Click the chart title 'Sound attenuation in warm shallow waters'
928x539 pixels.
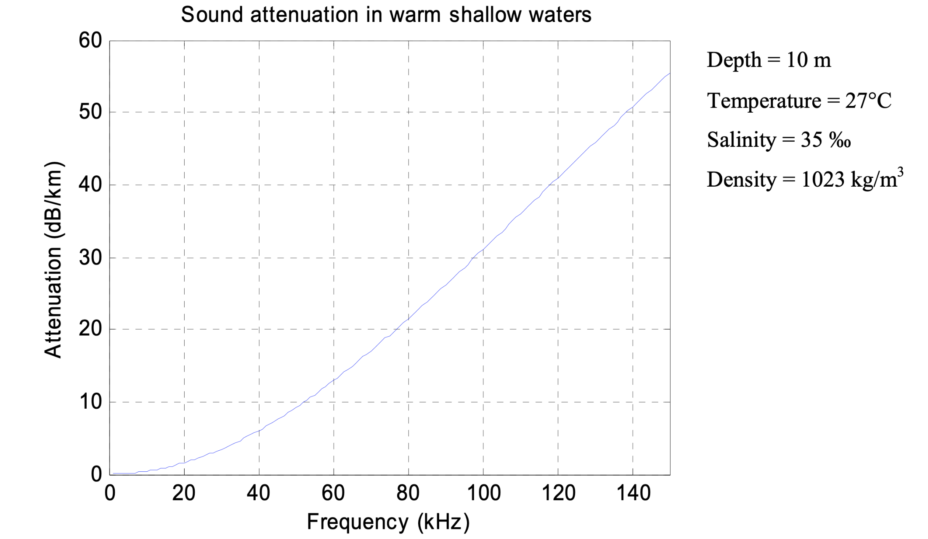386,15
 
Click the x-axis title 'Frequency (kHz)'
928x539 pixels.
388,522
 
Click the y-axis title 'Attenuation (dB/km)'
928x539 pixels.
53,259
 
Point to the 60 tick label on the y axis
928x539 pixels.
90,41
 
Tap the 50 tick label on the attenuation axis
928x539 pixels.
90,112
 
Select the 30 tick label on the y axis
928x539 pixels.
90,258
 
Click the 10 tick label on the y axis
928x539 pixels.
90,402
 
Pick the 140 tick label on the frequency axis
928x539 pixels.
633,493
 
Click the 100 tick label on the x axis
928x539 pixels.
484,493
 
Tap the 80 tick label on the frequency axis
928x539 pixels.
408,493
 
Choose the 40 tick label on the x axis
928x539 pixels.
259,493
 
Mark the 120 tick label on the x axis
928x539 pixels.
558,493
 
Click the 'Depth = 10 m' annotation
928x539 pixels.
769,60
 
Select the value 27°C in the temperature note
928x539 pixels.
868,101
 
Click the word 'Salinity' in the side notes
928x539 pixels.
741,140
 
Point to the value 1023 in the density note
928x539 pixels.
822,180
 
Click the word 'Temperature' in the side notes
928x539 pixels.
764,101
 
